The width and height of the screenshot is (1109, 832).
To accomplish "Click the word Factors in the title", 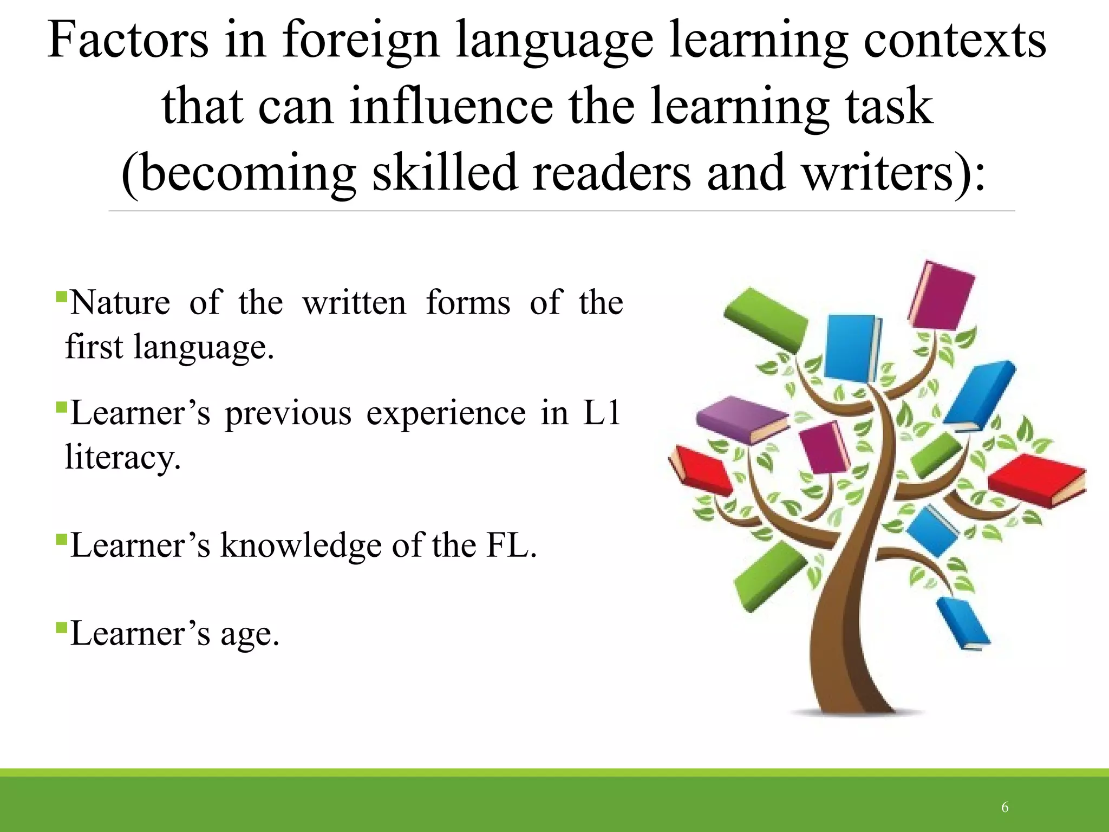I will pyautogui.click(x=128, y=40).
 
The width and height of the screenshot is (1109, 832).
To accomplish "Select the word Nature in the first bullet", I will pyautogui.click(x=120, y=303).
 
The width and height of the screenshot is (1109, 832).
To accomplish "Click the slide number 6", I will pyautogui.click(x=1004, y=808).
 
